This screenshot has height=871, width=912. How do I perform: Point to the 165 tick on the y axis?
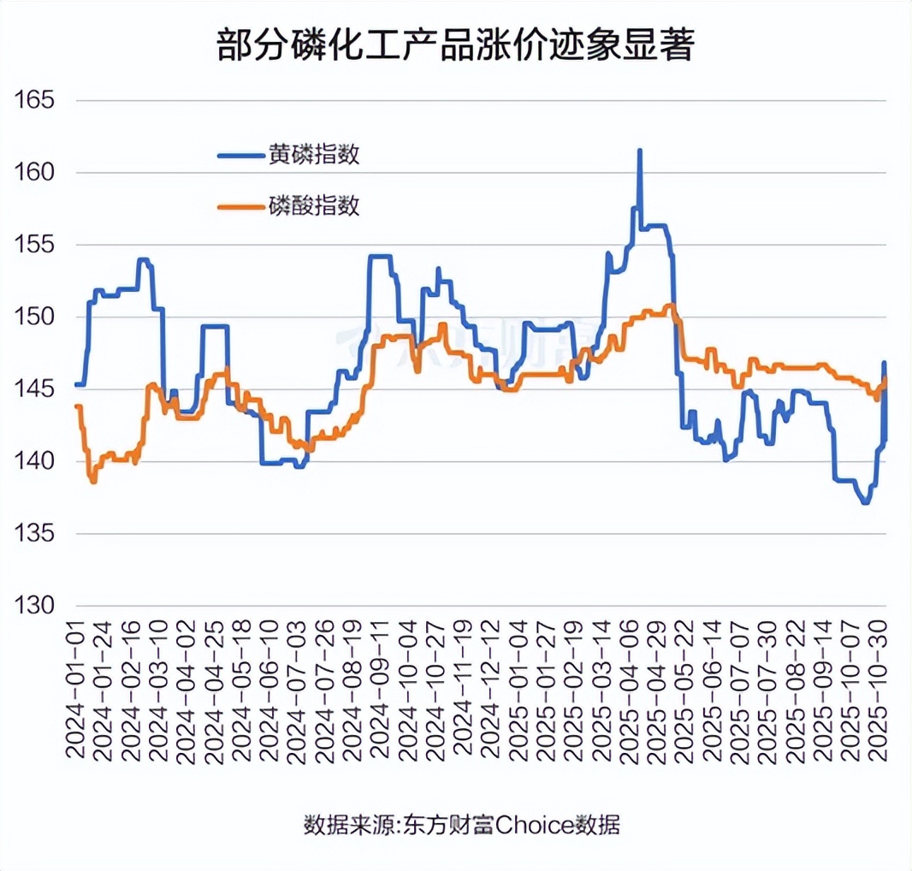click(x=34, y=100)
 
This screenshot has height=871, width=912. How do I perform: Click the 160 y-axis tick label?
click(x=34, y=173)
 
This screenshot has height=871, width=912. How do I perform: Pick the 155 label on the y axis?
click(x=34, y=245)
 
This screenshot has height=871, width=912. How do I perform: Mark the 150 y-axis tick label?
click(x=34, y=317)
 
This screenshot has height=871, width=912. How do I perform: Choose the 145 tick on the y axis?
click(x=34, y=389)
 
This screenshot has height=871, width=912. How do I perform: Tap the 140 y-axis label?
click(x=34, y=462)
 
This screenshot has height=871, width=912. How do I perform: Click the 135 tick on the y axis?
click(x=34, y=534)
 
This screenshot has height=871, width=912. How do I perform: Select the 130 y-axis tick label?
click(x=34, y=607)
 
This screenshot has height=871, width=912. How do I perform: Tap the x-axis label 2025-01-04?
click(x=519, y=690)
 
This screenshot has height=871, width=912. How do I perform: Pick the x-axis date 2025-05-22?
click(x=686, y=690)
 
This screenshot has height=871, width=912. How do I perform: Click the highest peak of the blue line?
click(x=640, y=151)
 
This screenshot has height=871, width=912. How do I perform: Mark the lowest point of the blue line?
click(x=865, y=503)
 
